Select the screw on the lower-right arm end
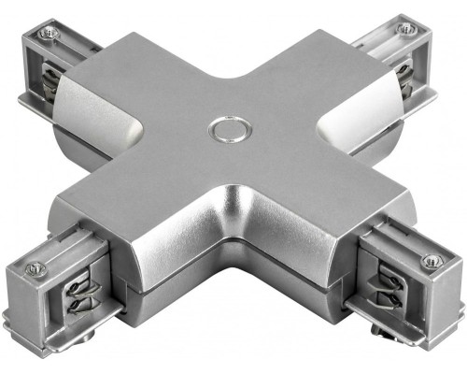point(432,260)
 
